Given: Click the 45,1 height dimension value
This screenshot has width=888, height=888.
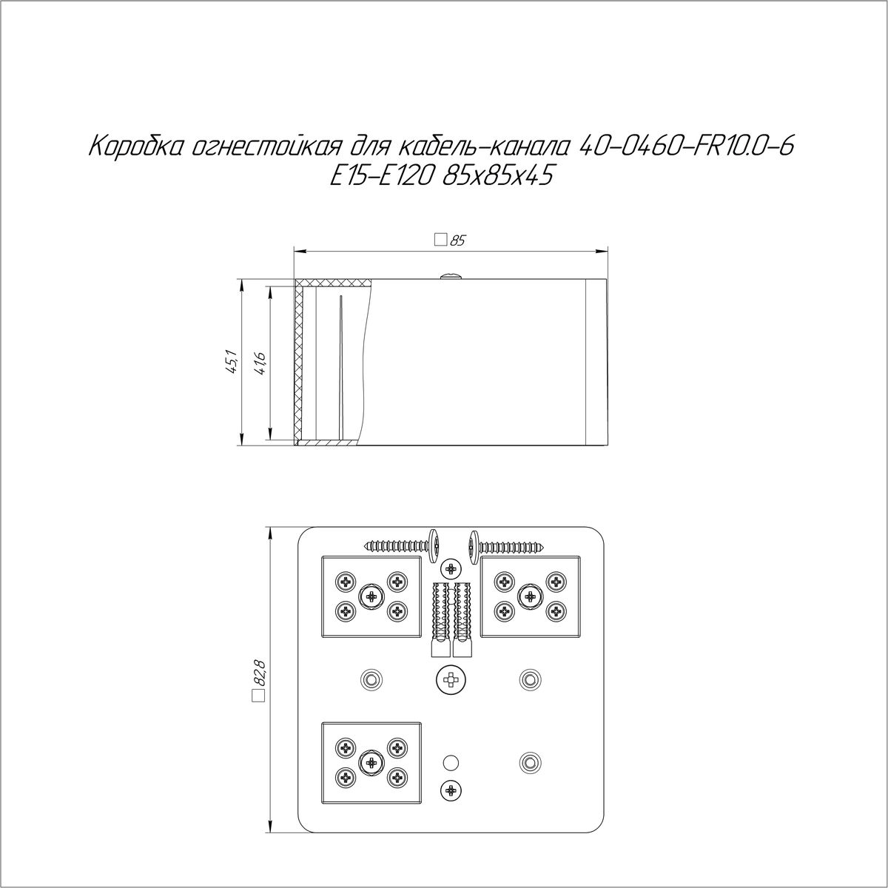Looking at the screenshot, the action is point(232,362).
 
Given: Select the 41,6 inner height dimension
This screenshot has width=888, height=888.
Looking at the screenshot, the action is point(260,362).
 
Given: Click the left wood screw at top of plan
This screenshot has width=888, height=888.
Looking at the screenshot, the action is point(404,546).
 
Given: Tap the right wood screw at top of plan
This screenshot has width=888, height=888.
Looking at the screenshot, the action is point(507,547).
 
